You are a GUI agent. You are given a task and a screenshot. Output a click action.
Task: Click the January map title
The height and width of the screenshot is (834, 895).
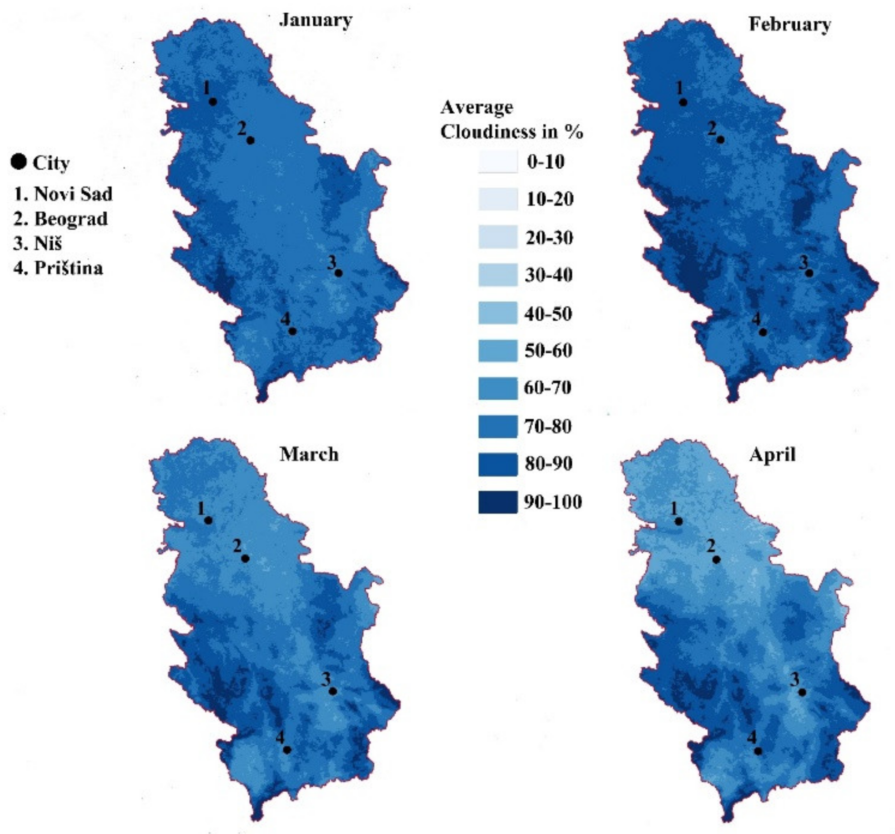tap(315, 21)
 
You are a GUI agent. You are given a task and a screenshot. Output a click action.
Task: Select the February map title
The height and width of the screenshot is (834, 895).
tap(790, 24)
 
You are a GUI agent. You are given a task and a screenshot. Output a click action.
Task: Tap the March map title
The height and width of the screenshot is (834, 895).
tap(309, 454)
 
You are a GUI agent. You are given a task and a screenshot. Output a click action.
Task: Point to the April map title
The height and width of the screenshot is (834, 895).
tap(772, 455)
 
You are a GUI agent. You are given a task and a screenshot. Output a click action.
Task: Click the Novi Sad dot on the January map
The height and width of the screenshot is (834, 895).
tap(213, 102)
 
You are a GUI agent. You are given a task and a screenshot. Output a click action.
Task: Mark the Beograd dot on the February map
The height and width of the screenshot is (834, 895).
tap(720, 140)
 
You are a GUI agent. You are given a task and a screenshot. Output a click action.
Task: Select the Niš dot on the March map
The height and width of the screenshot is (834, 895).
tap(333, 691)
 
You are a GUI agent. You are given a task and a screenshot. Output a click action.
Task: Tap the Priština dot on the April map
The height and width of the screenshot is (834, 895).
tap(758, 751)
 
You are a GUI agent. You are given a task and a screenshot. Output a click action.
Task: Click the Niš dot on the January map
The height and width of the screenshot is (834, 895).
tap(339, 273)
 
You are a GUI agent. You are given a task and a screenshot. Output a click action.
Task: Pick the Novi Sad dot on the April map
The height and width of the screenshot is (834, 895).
tap(679, 521)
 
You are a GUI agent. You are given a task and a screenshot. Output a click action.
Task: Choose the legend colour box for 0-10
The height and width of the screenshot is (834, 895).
tap(498, 162)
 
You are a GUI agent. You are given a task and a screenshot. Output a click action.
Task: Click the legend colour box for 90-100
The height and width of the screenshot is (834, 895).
tap(498, 502)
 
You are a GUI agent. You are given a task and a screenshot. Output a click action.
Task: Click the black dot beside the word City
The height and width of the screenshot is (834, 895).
tap(19, 162)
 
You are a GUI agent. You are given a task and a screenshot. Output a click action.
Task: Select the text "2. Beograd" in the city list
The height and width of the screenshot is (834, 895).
tap(61, 219)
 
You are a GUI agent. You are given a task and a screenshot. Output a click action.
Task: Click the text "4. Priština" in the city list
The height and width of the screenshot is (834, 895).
tap(59, 268)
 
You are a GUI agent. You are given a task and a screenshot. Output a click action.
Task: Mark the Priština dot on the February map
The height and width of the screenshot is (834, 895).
tap(763, 332)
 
